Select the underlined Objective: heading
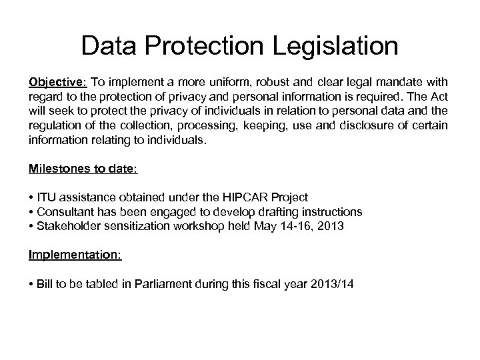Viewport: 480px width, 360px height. tap(57, 83)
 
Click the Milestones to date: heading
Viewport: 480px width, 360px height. tap(83, 169)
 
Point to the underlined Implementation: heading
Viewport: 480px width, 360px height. tap(75, 255)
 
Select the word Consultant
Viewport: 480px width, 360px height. tap(65, 211)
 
